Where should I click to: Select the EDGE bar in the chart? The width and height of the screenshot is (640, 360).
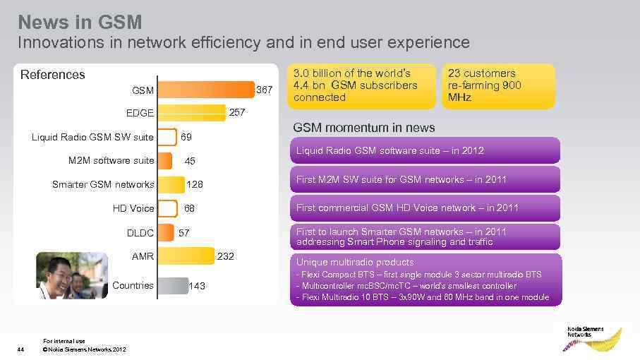tap(192, 112)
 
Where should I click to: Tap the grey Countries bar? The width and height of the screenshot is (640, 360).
tap(173, 285)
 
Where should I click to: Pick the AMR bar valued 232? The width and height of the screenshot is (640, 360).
tap(186, 256)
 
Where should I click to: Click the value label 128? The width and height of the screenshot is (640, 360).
tap(194, 185)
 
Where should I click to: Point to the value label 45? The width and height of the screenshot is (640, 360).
tap(190, 161)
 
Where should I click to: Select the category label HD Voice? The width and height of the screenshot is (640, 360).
tap(133, 208)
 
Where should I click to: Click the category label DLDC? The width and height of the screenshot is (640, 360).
tap(140, 232)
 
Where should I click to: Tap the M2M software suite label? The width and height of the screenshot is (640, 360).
tap(111, 160)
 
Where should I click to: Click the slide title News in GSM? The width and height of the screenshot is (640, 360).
tap(80, 21)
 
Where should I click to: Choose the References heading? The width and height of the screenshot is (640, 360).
tap(52, 74)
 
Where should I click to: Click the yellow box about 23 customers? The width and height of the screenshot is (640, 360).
tap(498, 86)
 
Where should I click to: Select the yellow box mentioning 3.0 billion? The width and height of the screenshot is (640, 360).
tap(361, 86)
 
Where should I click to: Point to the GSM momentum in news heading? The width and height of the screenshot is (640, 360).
tap(363, 128)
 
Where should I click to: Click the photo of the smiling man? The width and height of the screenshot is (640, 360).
tap(71, 275)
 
